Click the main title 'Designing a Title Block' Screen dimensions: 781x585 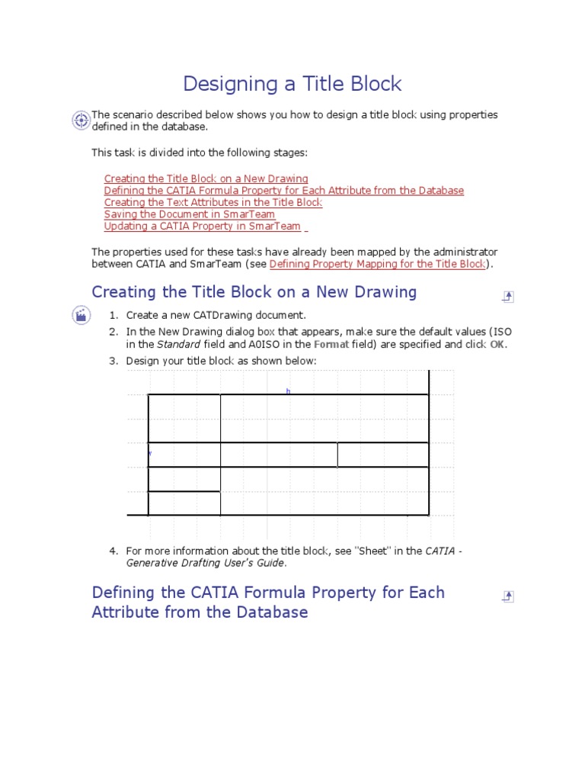[x=292, y=84]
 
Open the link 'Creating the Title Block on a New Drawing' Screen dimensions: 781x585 [x=206, y=179]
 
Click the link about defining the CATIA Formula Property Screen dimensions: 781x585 [x=283, y=191]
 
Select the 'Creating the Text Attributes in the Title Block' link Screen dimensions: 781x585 [x=213, y=203]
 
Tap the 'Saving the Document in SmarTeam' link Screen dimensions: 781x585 [x=190, y=215]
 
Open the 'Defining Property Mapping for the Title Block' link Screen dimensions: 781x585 [x=377, y=264]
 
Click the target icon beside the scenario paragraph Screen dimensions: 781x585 [x=81, y=120]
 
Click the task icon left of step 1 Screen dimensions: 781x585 [x=81, y=314]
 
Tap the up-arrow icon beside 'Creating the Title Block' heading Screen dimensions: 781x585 [x=508, y=297]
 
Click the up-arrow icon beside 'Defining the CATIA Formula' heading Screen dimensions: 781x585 [x=508, y=596]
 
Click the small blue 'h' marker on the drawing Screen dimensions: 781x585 [x=289, y=391]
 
